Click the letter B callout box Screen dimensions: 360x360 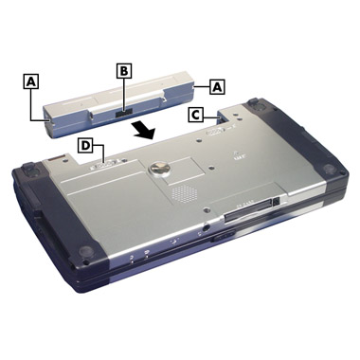123,71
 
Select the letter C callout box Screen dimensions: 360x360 196,115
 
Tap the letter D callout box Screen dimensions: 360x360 85,146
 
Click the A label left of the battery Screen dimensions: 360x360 30,81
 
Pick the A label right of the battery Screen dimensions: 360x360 217,86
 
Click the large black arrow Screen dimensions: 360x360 144,131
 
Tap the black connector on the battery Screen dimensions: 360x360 123,114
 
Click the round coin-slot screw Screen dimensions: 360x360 159,169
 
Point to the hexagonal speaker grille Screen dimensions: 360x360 183,193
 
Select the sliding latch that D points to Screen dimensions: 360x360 105,165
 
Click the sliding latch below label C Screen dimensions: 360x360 215,131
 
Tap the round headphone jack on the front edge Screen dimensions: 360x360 206,226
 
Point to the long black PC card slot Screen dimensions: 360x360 248,210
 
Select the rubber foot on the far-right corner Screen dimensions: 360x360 331,168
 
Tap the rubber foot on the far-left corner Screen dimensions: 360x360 32,171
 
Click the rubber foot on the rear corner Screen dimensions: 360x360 257,105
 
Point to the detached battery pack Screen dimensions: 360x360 120,104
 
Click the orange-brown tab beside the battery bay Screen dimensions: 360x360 57,157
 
